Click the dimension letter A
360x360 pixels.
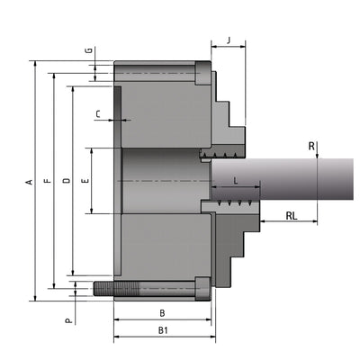pos(29,182)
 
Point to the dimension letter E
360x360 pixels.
pos(85,182)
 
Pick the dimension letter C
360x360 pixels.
pos(98,113)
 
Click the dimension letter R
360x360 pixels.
pos(310,146)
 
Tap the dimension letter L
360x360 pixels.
pos(235,182)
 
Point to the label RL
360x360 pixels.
pos(292,216)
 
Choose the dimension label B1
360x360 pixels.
pos(163,331)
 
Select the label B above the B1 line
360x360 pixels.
pos(162,313)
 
